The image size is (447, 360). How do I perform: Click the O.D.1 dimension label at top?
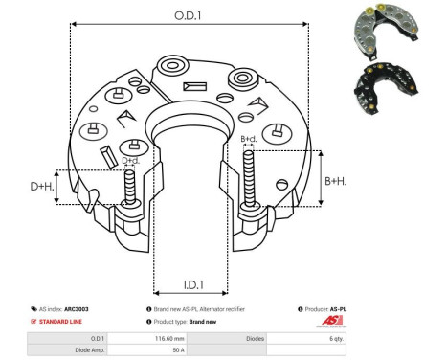188,15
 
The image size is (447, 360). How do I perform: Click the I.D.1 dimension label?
190,284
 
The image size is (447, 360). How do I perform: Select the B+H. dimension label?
334,180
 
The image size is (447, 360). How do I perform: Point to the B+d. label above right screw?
248,140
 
